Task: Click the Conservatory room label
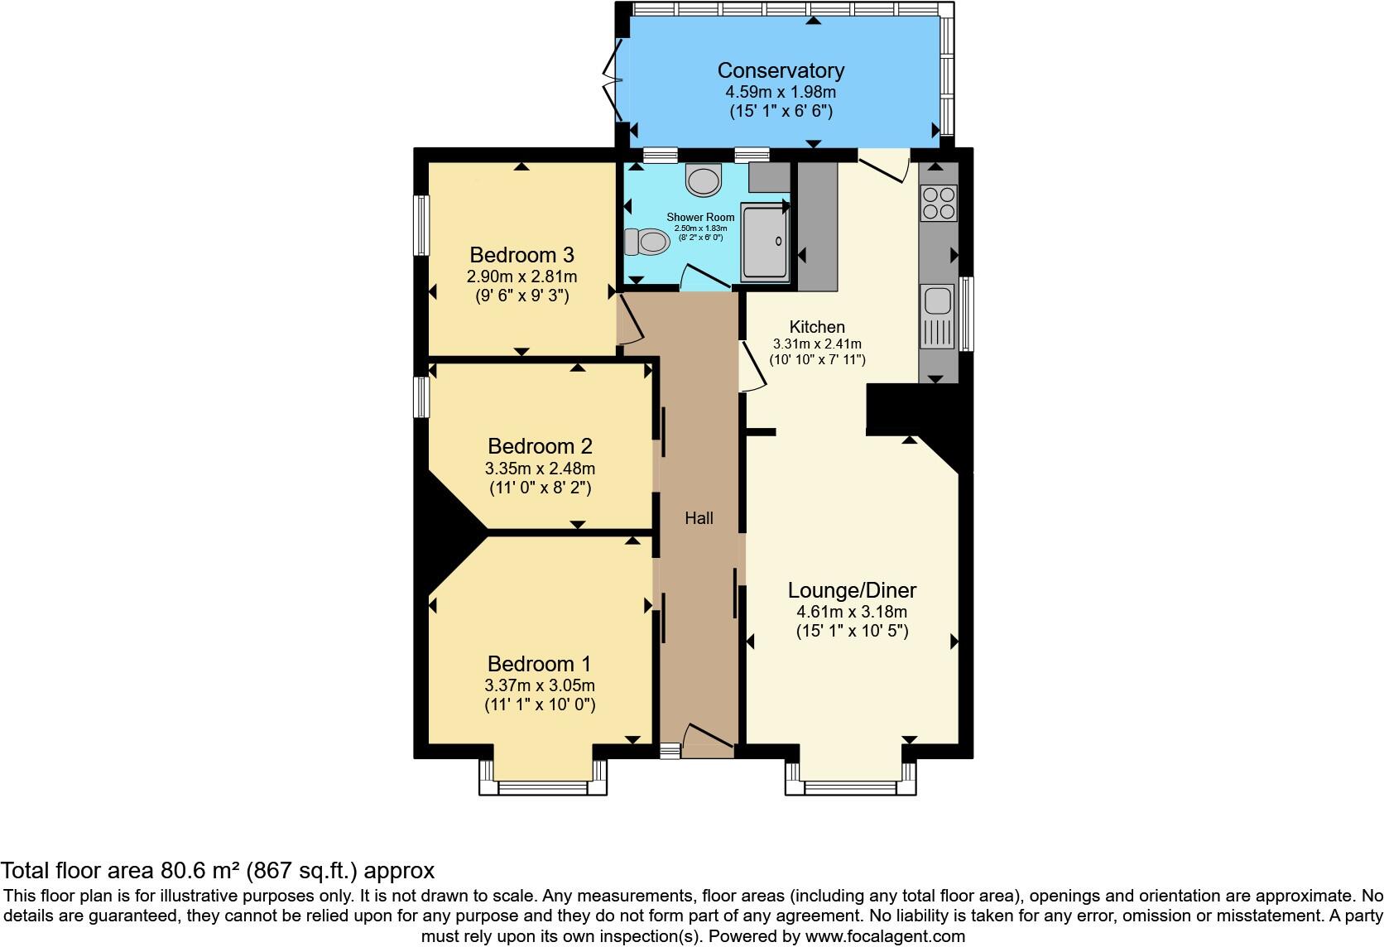781,70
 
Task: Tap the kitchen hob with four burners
939,202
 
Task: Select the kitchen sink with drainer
938,315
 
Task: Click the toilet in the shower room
646,242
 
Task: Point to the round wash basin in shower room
704,180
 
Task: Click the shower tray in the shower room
766,240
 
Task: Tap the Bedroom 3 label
521,254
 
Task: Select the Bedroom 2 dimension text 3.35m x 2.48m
540,469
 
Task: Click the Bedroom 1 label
539,663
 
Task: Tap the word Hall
699,518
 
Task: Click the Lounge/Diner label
852,590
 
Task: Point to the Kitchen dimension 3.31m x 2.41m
817,344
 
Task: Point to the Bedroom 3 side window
421,225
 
